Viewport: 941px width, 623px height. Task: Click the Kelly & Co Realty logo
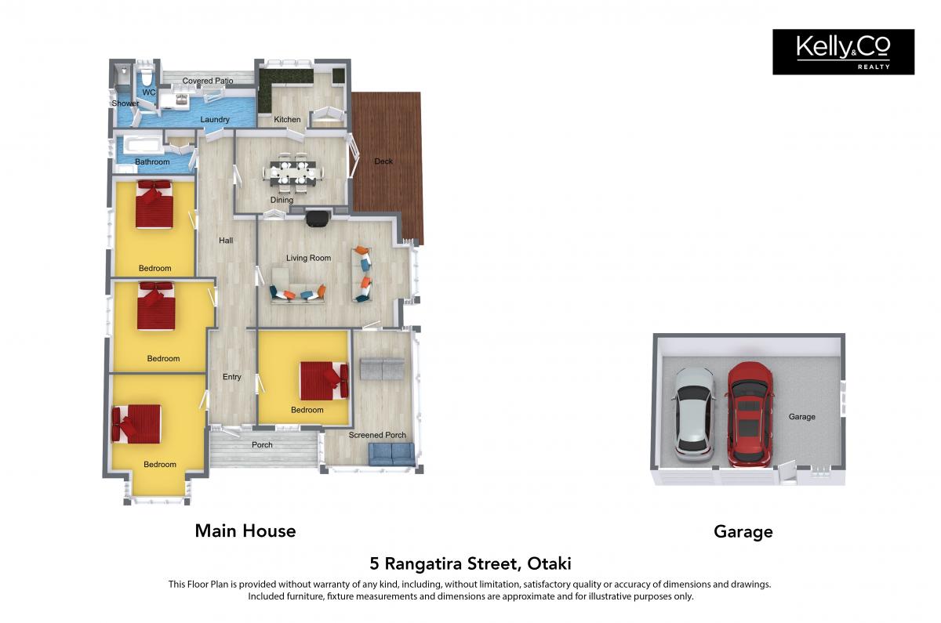(843, 52)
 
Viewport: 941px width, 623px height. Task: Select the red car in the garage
(750, 415)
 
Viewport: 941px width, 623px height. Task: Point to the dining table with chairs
(293, 172)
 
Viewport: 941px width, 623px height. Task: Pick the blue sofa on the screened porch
(391, 455)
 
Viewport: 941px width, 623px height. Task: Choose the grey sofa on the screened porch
(383, 369)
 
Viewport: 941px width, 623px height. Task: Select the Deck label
(383, 161)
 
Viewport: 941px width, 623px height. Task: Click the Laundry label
(215, 120)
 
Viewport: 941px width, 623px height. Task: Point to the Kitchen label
(287, 120)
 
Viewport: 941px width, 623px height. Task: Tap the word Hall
(226, 241)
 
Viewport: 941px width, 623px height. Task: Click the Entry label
(232, 377)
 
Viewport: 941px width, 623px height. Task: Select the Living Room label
(309, 258)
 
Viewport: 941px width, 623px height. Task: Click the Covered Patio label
(208, 81)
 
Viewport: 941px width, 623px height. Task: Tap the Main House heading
(245, 531)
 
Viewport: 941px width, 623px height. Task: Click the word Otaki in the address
(550, 563)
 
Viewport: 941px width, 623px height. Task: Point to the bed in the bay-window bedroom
(136, 424)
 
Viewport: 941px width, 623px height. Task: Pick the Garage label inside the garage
(802, 417)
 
